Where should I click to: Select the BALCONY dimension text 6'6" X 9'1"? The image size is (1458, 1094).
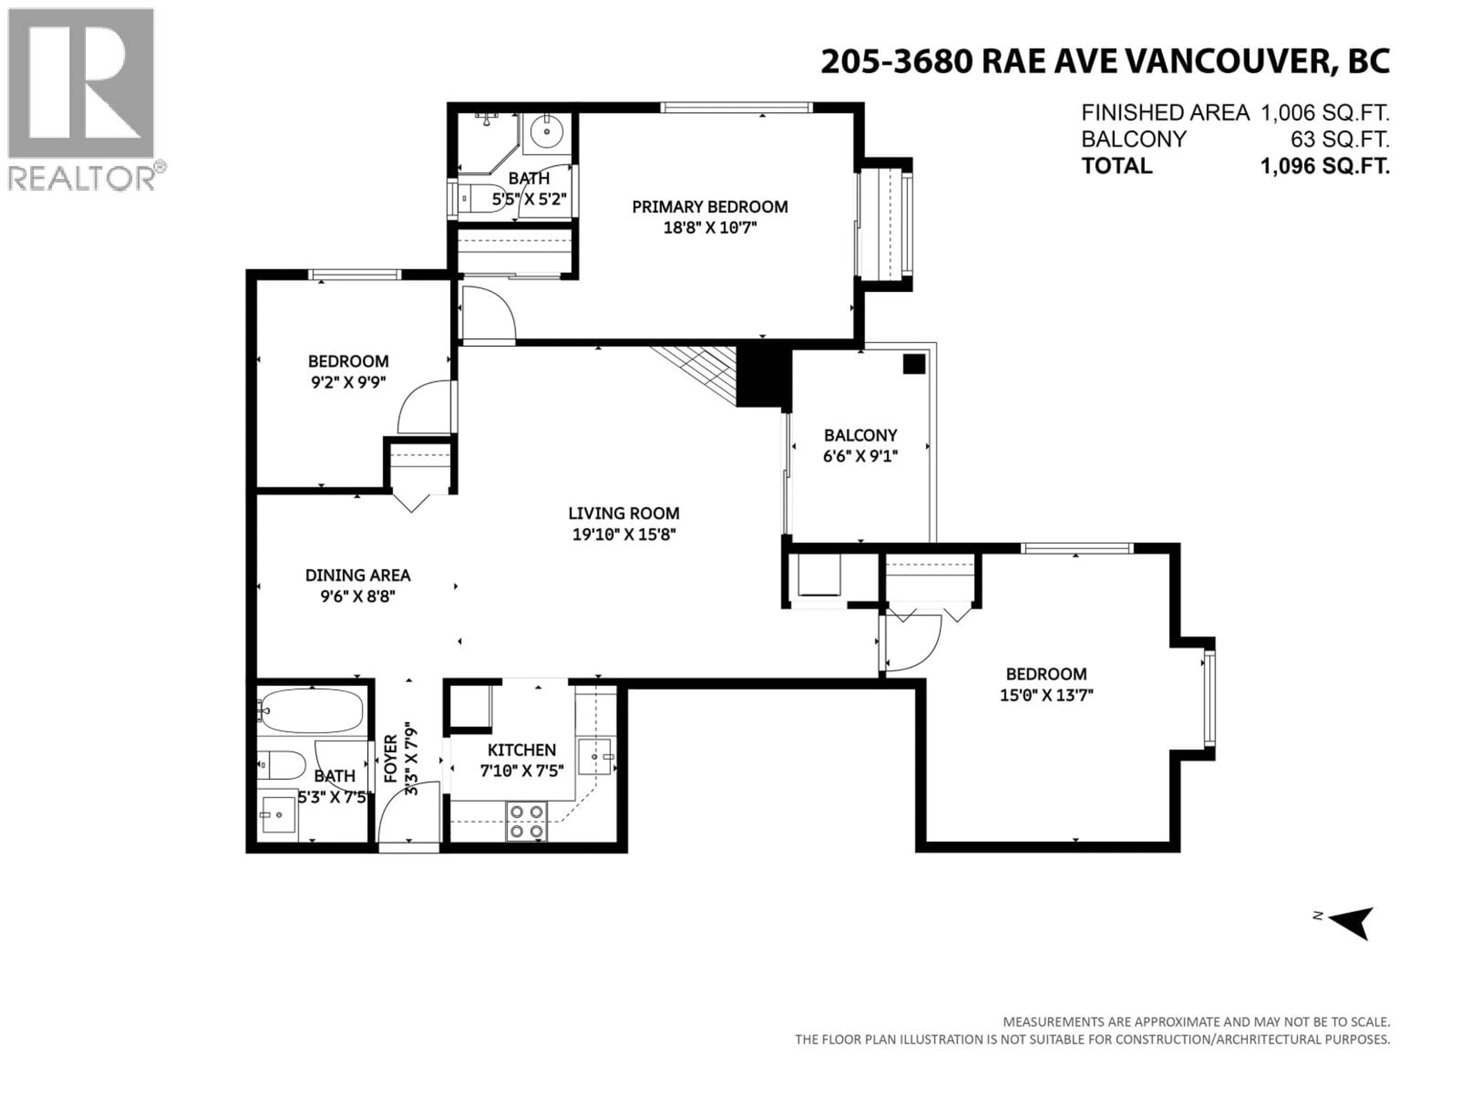pos(860,456)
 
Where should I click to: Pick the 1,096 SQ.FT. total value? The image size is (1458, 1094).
pos(1325,166)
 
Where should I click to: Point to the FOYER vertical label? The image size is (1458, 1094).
pos(391,758)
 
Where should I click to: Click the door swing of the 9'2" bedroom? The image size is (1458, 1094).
pos(422,409)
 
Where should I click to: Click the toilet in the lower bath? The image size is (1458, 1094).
pos(282,765)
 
